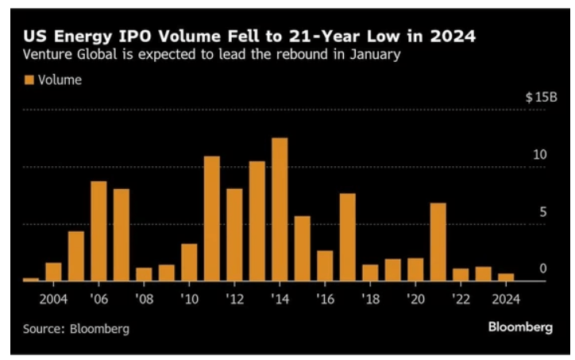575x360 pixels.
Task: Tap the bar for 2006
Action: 98,231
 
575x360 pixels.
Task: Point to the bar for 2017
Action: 348,238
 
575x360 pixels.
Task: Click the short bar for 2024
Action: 506,277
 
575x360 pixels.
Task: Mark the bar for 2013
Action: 257,222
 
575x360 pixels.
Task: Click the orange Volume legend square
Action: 30,79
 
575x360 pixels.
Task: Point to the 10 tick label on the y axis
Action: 540,154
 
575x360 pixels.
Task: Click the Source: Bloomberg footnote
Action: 75,327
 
